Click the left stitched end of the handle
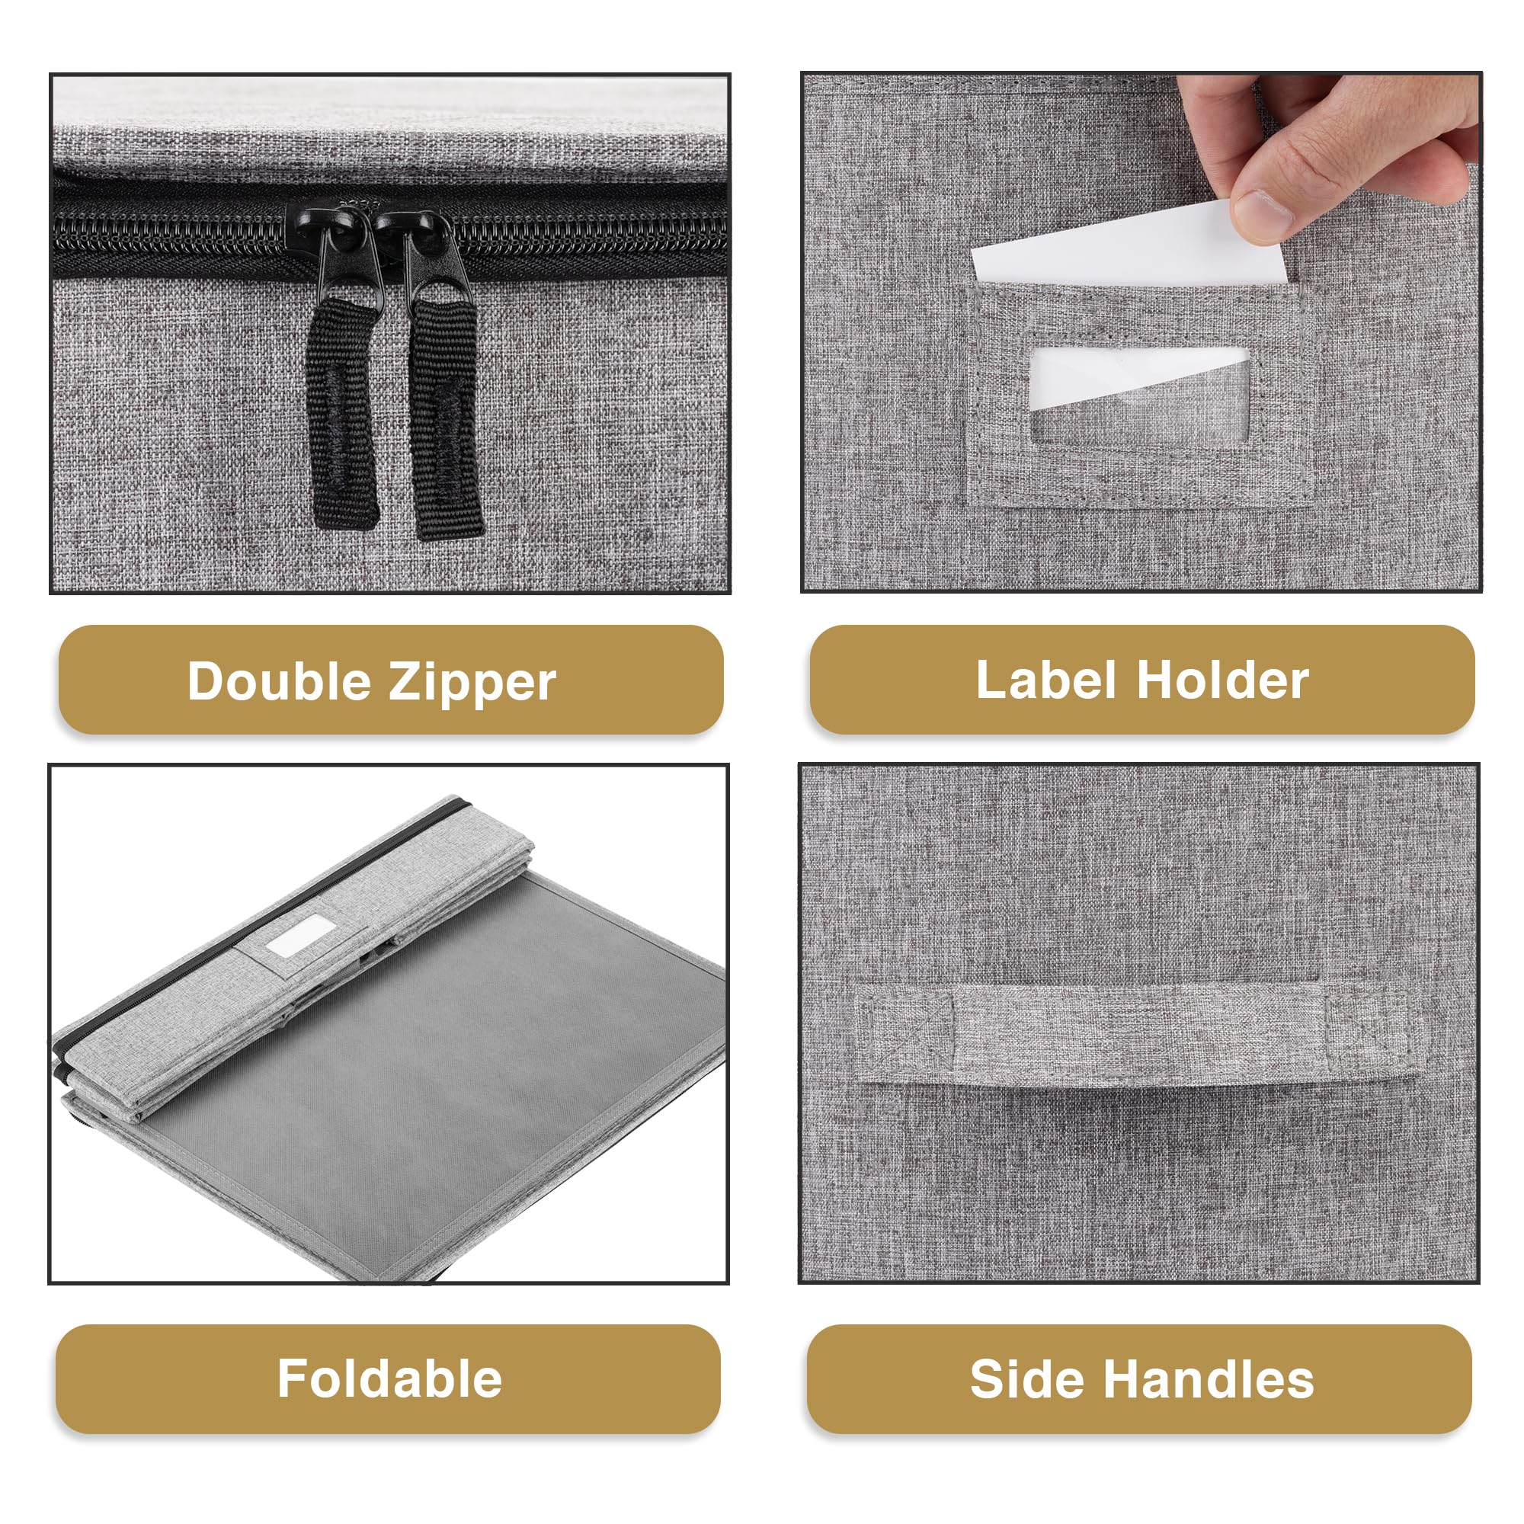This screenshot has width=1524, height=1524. [x=904, y=1032]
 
